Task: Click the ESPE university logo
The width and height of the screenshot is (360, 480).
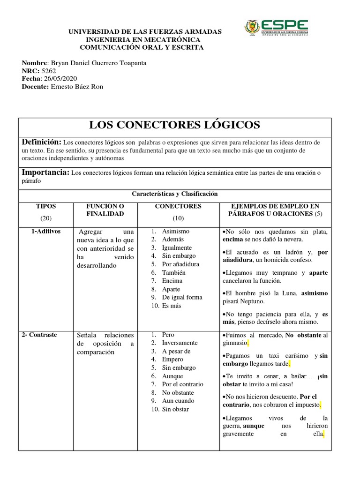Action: point(276,28)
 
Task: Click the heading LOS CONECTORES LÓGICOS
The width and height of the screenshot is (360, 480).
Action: point(174,125)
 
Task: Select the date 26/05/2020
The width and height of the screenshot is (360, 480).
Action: point(60,78)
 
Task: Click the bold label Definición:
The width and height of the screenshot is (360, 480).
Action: point(42,142)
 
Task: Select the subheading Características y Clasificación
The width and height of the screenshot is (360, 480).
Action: point(175,194)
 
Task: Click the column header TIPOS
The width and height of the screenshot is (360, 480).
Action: point(46,206)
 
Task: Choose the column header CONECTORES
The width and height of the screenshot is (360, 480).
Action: point(178,206)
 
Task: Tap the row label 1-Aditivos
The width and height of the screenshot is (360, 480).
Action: point(46,232)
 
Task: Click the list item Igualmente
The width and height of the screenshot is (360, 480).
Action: point(177,247)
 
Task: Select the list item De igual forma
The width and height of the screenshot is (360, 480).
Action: point(182,297)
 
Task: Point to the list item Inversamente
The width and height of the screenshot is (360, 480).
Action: point(180,343)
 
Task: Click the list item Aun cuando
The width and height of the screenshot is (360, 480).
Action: point(178,401)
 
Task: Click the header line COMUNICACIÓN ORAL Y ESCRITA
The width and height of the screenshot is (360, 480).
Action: point(142,47)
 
